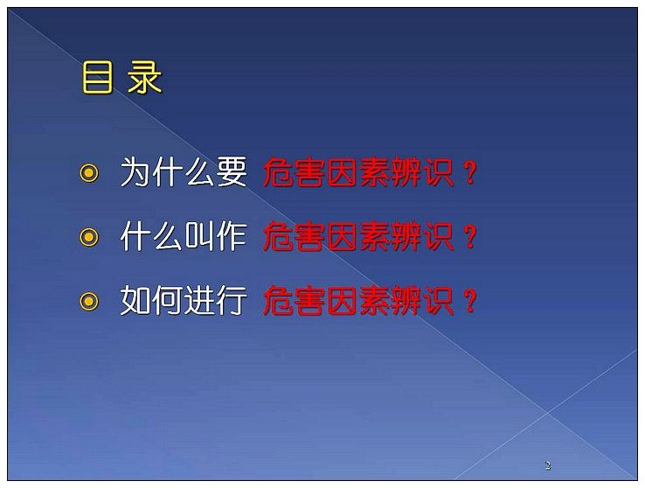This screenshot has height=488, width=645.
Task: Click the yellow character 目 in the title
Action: (x=97, y=77)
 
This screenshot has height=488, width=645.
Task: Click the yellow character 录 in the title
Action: (x=144, y=77)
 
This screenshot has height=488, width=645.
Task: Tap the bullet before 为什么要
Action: (x=89, y=172)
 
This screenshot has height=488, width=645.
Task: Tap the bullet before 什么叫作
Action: (x=89, y=237)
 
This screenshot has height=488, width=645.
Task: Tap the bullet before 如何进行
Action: (x=89, y=301)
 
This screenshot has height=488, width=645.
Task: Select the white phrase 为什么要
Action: (x=184, y=172)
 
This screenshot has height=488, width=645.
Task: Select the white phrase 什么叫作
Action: (x=184, y=236)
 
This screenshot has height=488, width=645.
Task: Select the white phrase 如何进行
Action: (x=184, y=300)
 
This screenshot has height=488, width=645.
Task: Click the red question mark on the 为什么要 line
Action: (x=469, y=172)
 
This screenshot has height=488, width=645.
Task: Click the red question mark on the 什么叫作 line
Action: (x=469, y=237)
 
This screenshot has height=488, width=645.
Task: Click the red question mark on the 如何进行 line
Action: (x=469, y=301)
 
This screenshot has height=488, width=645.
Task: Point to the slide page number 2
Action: (x=547, y=465)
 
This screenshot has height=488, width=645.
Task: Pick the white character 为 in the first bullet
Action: (x=135, y=172)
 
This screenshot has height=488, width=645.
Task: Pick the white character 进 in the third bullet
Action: (x=199, y=300)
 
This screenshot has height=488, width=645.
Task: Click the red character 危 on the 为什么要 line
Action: (x=279, y=172)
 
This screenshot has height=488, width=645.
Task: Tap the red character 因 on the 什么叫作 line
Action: (x=343, y=237)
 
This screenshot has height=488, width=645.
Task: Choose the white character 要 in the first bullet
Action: (x=232, y=172)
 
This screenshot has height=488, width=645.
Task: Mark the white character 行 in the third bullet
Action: (x=232, y=300)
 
